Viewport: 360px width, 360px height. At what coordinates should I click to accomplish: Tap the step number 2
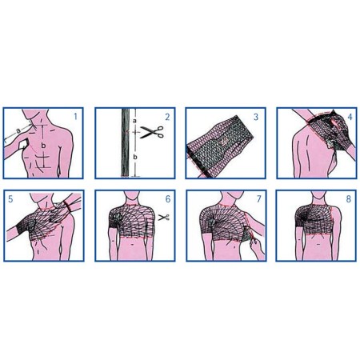point(167,116)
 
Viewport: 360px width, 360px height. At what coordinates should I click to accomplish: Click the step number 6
point(167,196)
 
